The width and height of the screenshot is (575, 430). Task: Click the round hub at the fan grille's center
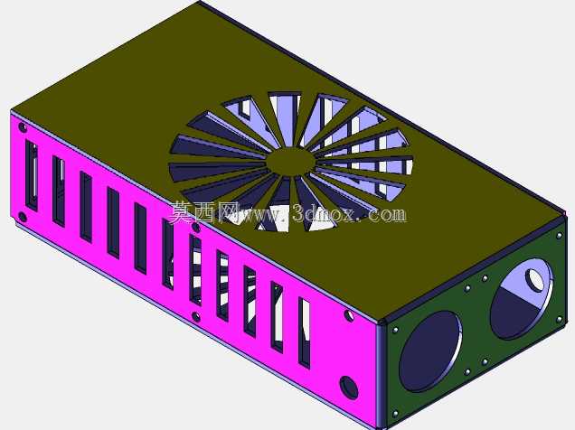(x=290, y=162)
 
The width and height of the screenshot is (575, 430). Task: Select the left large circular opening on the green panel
(x=430, y=351)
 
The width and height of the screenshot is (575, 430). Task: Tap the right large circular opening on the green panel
(x=522, y=298)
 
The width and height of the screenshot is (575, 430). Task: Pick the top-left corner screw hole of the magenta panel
(x=23, y=127)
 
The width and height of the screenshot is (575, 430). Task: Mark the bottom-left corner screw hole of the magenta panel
(x=23, y=217)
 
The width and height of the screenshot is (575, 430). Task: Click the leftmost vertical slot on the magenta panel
(x=32, y=176)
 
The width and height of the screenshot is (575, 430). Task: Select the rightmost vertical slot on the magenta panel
(x=305, y=332)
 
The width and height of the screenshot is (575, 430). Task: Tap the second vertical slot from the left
(x=59, y=192)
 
